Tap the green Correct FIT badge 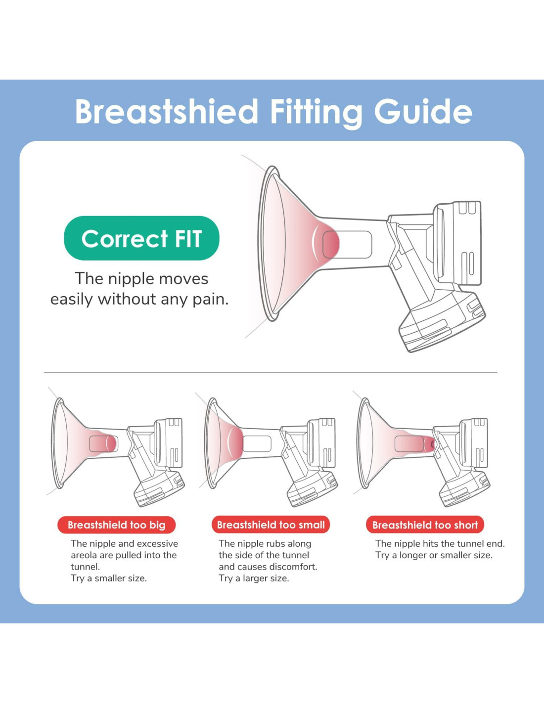(141, 238)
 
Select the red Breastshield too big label (117, 525)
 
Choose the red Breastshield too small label (271, 525)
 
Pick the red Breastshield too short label (425, 525)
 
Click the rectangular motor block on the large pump (457, 243)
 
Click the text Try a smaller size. (109, 578)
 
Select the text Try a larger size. (254, 578)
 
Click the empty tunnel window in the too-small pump (257, 444)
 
